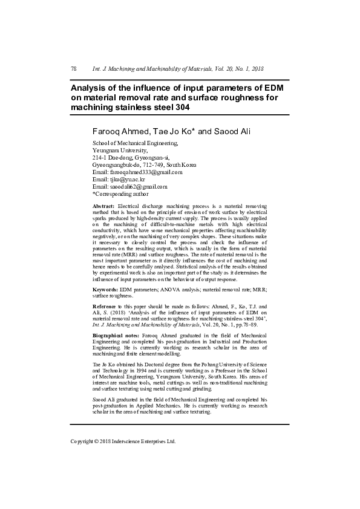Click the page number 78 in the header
(74, 70)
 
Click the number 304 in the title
(180, 108)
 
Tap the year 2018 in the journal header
(257, 70)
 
